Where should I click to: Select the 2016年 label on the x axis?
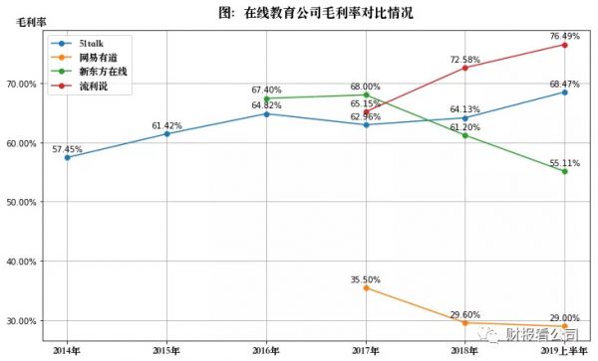(266, 350)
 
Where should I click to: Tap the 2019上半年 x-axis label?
(564, 350)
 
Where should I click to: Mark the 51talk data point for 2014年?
(67, 157)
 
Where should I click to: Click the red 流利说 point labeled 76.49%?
(564, 45)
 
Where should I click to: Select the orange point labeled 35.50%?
(366, 287)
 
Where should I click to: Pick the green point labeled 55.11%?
(564, 171)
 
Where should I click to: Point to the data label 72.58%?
(464, 60)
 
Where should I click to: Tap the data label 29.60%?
(464, 312)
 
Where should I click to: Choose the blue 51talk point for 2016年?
(266, 114)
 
